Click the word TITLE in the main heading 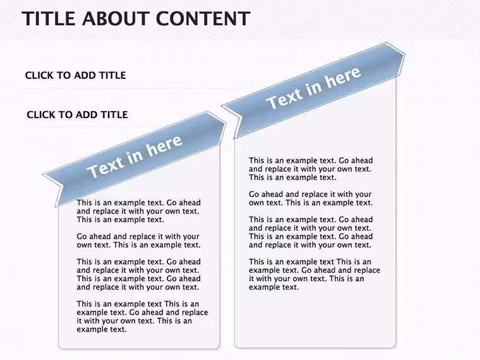[49, 18]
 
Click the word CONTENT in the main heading [203, 18]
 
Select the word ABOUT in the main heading [116, 18]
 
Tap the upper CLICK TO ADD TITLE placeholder [76, 75]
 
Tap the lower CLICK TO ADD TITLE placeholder [77, 114]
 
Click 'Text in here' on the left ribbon [135, 156]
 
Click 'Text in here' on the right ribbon [313, 88]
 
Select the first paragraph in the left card [139, 211]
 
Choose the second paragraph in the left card [139, 241]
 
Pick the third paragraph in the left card [139, 274]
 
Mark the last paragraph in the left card [142, 316]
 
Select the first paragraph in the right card [311, 169]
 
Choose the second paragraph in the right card [311, 198]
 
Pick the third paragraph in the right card [311, 232]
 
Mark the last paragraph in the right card [315, 274]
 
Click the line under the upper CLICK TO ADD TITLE [131, 88]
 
